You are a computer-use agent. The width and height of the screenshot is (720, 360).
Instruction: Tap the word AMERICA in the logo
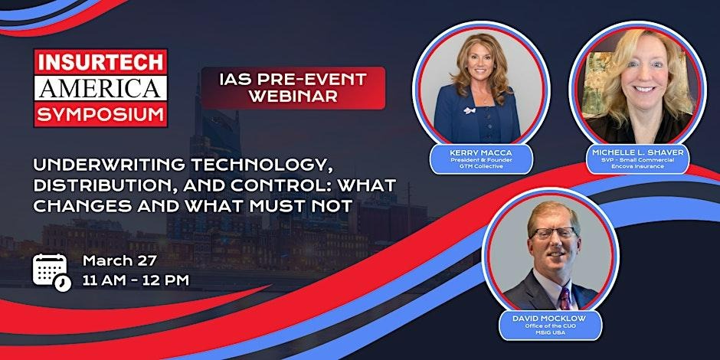pyautogui.click(x=100, y=88)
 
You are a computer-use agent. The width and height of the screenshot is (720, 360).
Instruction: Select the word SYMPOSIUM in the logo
pyautogui.click(x=100, y=114)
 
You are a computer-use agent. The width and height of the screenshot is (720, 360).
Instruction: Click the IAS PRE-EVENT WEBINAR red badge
pyautogui.click(x=293, y=88)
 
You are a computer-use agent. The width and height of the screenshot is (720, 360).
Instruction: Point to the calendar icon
pyautogui.click(x=52, y=272)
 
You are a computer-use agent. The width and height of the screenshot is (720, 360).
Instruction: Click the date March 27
pyautogui.click(x=119, y=261)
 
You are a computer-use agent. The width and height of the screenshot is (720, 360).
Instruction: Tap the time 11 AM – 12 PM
pyautogui.click(x=136, y=280)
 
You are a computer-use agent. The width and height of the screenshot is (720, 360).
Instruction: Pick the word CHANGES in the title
pyautogui.click(x=82, y=207)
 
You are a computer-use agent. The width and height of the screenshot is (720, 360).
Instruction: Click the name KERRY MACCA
pyautogui.click(x=481, y=152)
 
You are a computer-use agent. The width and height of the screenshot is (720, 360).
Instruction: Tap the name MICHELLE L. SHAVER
pyautogui.click(x=638, y=152)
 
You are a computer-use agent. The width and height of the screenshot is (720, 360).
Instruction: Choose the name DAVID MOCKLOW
pyautogui.click(x=550, y=318)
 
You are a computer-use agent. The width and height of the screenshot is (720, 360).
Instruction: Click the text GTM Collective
pyautogui.click(x=481, y=166)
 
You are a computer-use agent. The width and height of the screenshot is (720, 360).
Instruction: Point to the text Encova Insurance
pyautogui.click(x=638, y=166)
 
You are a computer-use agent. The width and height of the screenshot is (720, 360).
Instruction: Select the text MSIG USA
pyautogui.click(x=550, y=332)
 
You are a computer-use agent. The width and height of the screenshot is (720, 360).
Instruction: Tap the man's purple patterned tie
pyautogui.click(x=564, y=297)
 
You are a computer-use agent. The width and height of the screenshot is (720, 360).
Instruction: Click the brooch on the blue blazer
pyautogui.click(x=468, y=110)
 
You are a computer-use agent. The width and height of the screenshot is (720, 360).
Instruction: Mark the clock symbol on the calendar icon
pyautogui.click(x=63, y=283)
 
